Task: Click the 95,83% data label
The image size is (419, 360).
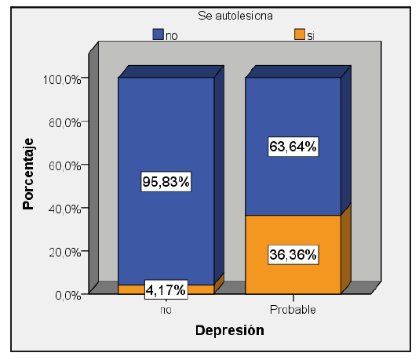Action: (x=166, y=181)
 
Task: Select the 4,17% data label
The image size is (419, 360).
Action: (x=166, y=290)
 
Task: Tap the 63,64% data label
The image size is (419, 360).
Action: (x=293, y=146)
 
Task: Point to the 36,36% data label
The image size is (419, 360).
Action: (x=293, y=254)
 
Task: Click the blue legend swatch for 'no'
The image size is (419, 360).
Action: (x=158, y=34)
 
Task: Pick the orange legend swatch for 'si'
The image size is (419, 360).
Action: (x=299, y=34)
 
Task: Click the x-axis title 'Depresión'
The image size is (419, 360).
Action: (x=229, y=330)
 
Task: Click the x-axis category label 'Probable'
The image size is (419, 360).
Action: (x=293, y=309)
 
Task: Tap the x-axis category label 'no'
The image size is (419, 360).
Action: (x=166, y=309)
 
